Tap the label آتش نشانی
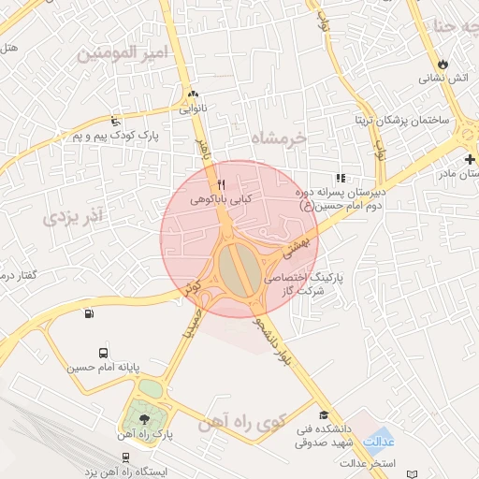pos(446,80)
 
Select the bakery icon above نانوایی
pos(193,94)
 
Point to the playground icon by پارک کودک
pos(115,121)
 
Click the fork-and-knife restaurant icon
pos(221,184)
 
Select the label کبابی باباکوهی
pos(217,199)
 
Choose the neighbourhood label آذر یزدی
pos(76,218)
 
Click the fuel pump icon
pos(89,313)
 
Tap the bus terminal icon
pos(102,354)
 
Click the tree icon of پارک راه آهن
pos(144,419)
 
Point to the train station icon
pos(125,457)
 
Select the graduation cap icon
pos(324,415)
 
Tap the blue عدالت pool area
pos(380,439)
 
